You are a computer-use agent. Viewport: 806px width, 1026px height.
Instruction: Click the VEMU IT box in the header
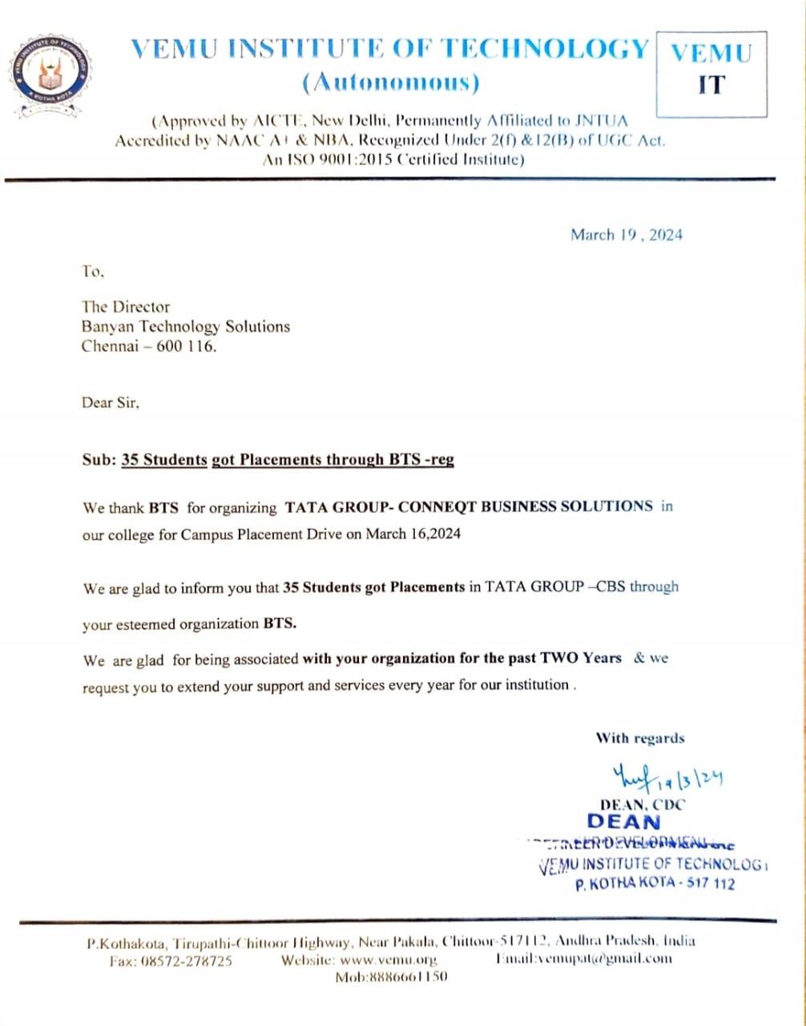click(711, 73)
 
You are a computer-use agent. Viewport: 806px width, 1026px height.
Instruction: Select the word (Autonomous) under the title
click(390, 82)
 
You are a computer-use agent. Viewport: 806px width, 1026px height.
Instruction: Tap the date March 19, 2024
click(626, 235)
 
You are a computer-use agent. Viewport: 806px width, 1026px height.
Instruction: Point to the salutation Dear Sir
click(111, 403)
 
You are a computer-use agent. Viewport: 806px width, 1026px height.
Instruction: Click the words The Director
click(126, 306)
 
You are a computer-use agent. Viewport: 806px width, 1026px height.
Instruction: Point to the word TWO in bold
click(559, 658)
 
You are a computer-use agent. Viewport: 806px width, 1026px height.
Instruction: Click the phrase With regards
click(639, 738)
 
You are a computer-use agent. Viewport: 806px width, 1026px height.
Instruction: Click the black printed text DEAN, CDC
click(643, 805)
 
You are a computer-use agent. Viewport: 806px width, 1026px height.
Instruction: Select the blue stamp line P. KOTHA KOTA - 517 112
click(655, 884)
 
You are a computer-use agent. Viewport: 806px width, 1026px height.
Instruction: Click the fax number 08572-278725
click(192, 959)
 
